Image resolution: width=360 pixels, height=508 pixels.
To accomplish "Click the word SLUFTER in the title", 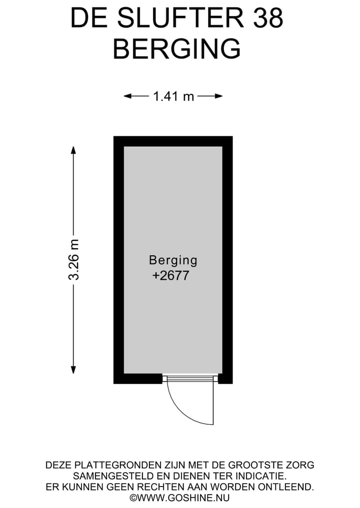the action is point(180,18).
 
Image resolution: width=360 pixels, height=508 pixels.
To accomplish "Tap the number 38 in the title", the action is point(268,18).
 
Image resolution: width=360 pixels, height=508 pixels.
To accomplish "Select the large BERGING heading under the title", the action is point(177,48).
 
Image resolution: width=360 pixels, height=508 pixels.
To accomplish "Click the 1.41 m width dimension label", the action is point(173,96).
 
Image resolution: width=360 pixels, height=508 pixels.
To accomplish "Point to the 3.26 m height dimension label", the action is point(73,260).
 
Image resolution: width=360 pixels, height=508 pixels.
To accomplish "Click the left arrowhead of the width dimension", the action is point(128,96).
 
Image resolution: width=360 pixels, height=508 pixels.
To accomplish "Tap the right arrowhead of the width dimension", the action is point(218,96).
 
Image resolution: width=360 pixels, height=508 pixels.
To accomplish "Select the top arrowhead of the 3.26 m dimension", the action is point(73,150).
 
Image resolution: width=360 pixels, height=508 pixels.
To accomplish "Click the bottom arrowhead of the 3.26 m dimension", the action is point(73,370).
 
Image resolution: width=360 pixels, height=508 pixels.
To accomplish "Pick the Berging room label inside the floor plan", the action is point(173,260).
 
